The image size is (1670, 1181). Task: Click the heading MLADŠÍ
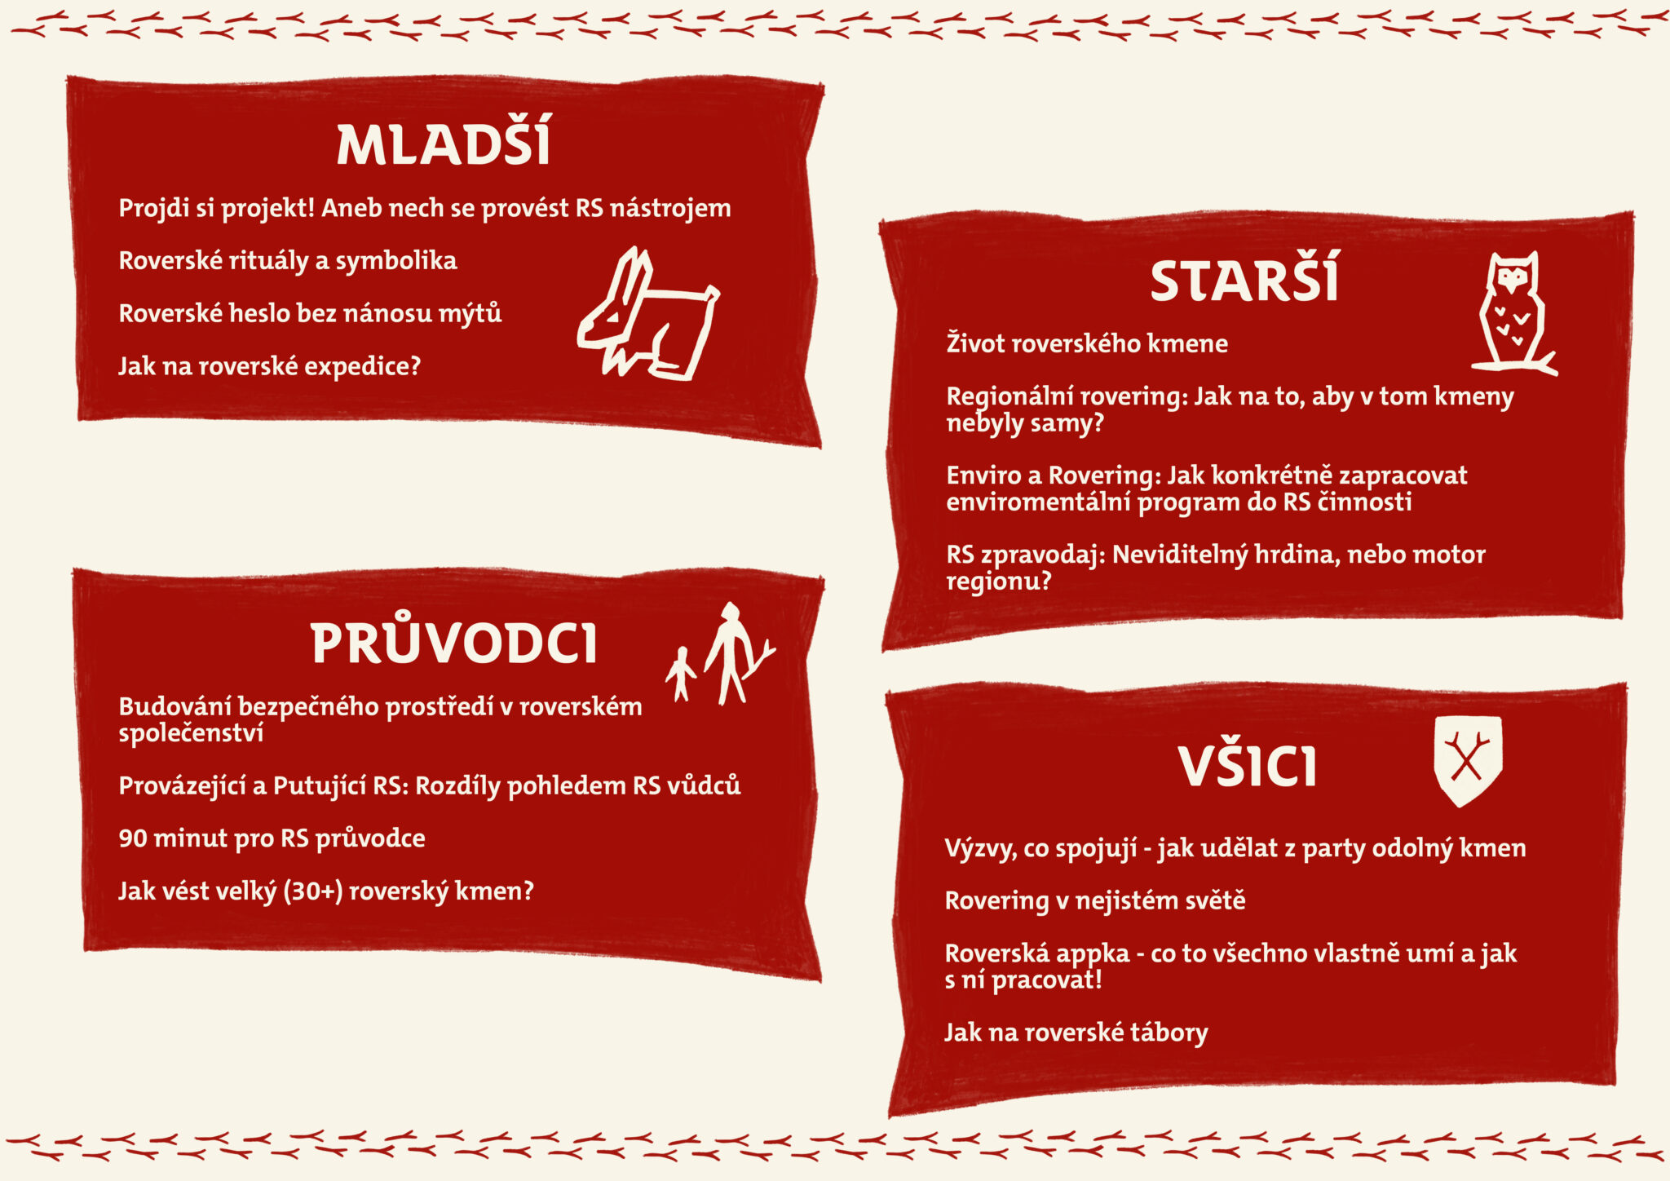pyautogui.click(x=444, y=144)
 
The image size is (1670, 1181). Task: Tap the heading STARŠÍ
pyautogui.click(x=1244, y=279)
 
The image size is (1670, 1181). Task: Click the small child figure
pyautogui.click(x=680, y=674)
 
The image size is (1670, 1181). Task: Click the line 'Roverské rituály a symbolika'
pyautogui.click(x=288, y=261)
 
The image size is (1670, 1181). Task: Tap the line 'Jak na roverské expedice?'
pyautogui.click(x=270, y=366)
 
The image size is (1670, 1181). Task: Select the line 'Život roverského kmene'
pyautogui.click(x=1087, y=343)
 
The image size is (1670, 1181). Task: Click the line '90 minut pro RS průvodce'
pyautogui.click(x=272, y=838)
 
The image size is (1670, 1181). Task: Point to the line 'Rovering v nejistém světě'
pyautogui.click(x=1095, y=900)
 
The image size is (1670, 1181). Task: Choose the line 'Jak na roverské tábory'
pyautogui.click(x=1076, y=1033)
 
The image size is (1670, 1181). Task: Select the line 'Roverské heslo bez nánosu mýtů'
pyautogui.click(x=310, y=313)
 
